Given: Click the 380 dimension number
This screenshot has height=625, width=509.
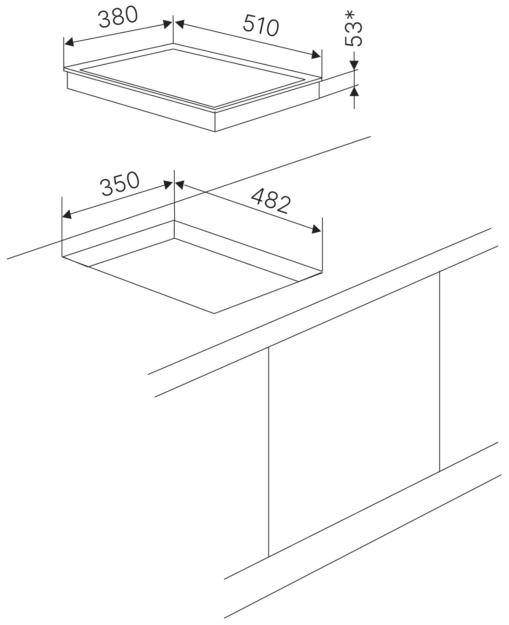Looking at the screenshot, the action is point(118,17).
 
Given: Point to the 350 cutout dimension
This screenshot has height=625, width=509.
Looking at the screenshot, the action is point(120,184).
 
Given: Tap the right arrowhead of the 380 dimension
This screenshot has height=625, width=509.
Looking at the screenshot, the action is point(167,24).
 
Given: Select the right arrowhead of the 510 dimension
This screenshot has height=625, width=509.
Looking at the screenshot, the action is point(316,55).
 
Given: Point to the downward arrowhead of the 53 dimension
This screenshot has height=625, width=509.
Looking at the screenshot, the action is point(354,65).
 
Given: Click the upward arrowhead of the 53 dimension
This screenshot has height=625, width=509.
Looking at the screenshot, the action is point(354,91).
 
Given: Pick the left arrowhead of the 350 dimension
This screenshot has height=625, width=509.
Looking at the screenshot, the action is point(68,215).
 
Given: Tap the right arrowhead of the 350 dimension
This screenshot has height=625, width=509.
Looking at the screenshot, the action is point(168,185).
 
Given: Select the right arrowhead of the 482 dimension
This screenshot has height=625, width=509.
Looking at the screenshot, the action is point(316,229).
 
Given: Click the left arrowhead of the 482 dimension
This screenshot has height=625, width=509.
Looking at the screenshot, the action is point(180,185).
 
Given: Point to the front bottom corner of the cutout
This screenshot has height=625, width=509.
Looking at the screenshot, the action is point(214,313).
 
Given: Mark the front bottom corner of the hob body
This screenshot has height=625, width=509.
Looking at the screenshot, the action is point(215,132).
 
